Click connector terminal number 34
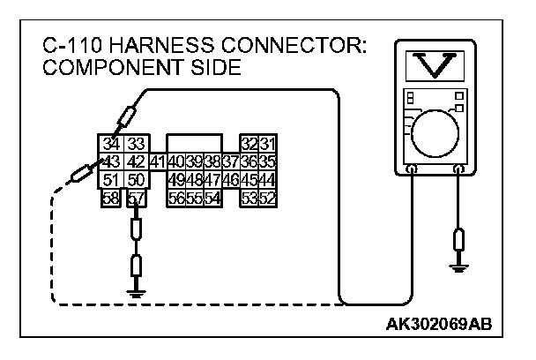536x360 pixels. click(110, 145)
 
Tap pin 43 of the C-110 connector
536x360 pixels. click(110, 161)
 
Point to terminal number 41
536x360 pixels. click(157, 161)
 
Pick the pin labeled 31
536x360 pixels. click(267, 145)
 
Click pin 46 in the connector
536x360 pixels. click(230, 181)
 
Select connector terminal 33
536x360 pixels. click(134, 145)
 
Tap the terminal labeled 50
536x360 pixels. click(134, 181)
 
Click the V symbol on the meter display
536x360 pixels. click(433, 63)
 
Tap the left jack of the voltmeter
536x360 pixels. click(412, 168)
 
